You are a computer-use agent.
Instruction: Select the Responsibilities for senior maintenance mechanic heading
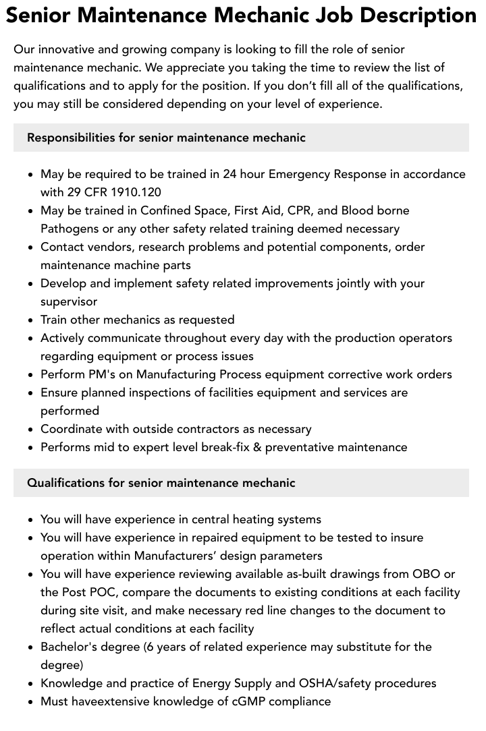pos(166,138)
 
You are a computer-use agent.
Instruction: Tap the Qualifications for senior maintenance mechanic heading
pos(161,483)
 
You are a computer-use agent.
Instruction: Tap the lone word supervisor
pos(69,301)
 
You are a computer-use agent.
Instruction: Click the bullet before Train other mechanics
pos(31,320)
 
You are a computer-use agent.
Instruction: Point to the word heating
pos(254,519)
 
